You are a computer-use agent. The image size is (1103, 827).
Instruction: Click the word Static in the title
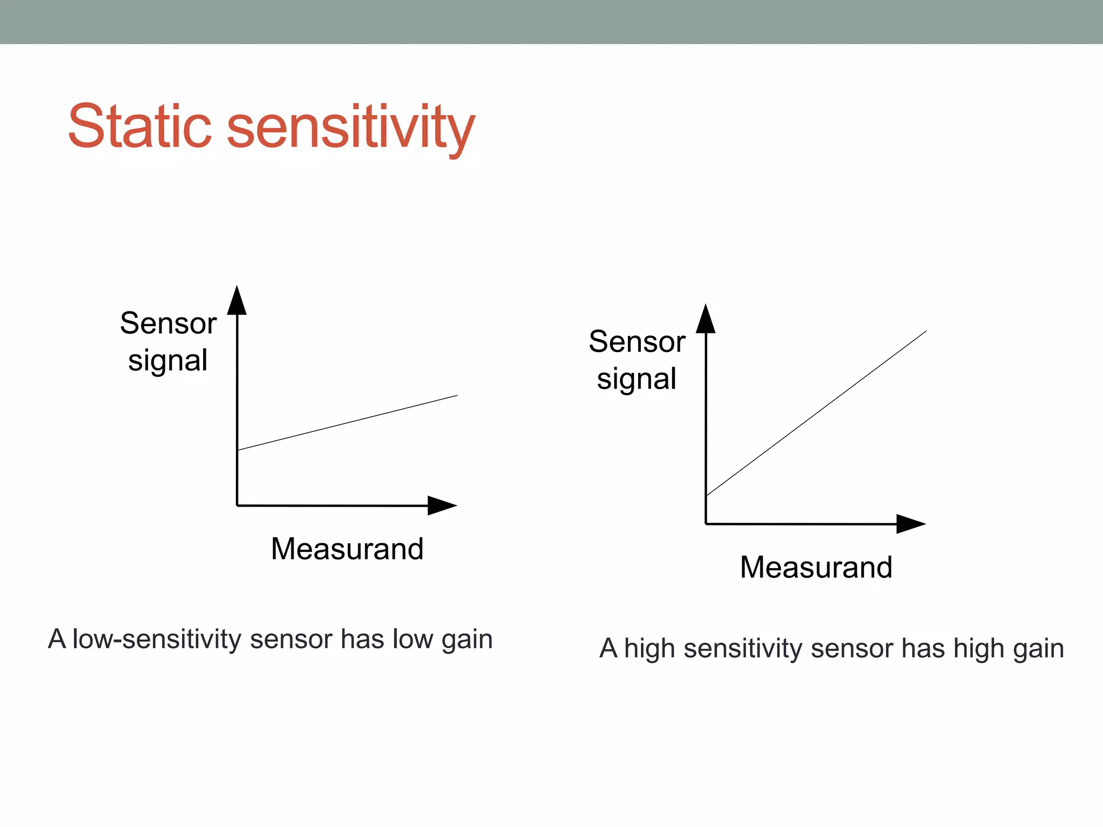point(139,127)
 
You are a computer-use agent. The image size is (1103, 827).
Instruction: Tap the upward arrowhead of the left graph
point(236,302)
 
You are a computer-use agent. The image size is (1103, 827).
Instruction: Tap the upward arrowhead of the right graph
point(706,320)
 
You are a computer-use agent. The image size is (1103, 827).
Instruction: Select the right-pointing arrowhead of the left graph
point(441,506)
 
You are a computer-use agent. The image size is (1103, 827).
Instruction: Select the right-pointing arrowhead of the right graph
point(910,524)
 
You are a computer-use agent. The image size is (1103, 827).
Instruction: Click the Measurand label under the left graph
point(347,549)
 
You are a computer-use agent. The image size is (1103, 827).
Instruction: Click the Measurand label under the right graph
point(816,567)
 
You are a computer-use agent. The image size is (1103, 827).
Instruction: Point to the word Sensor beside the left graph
point(168,323)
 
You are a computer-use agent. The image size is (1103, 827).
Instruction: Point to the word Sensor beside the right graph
point(637,341)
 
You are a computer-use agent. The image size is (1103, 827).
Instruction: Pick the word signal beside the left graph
point(167,361)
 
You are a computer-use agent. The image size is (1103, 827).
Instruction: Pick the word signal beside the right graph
point(637,379)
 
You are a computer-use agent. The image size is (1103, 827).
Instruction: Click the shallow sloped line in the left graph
point(347,423)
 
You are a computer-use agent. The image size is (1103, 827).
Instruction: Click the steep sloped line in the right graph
point(816,413)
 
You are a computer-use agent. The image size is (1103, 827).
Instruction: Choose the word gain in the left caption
point(467,640)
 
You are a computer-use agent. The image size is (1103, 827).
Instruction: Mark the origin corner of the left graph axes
point(238,506)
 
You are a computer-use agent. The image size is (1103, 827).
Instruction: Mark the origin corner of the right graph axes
point(706,523)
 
